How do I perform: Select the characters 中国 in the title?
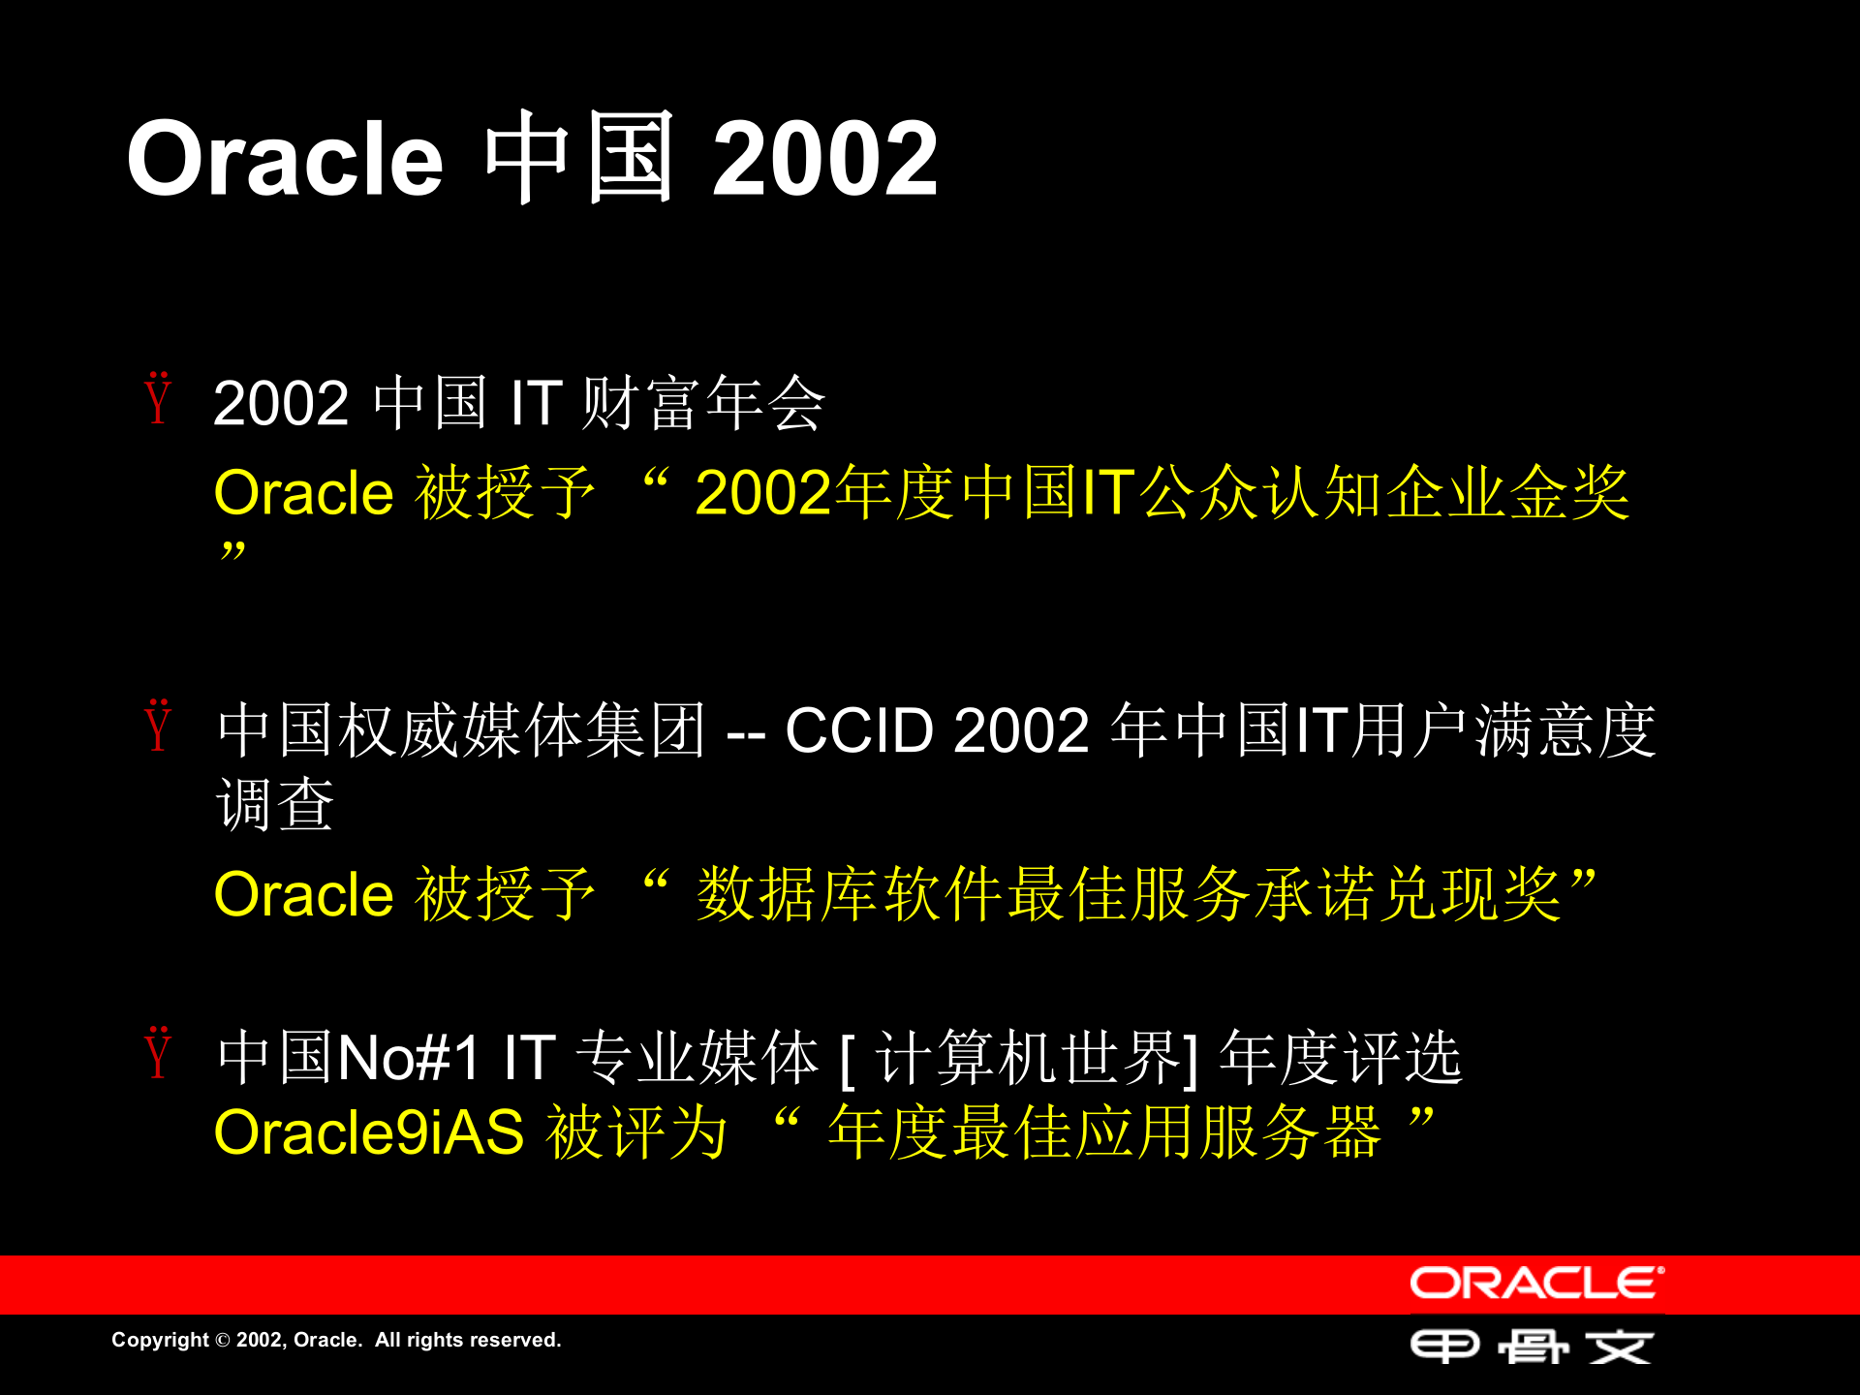tap(579, 157)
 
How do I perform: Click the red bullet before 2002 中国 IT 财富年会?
tap(159, 399)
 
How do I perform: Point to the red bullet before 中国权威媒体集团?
tap(159, 727)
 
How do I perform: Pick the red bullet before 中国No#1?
tap(159, 1054)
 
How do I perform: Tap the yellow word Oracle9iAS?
tap(368, 1132)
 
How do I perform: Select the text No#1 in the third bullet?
tap(408, 1057)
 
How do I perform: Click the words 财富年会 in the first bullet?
tap(702, 403)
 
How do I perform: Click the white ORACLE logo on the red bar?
tap(1535, 1284)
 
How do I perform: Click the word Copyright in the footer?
tap(160, 1340)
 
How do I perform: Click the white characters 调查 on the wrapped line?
tap(275, 805)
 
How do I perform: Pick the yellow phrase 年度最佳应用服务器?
tap(1104, 1132)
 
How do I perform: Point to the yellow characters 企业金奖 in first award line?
tap(1507, 493)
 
